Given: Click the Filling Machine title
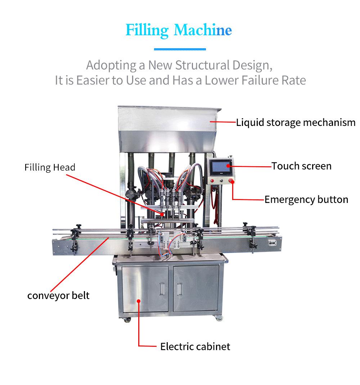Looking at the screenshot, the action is coord(179,30).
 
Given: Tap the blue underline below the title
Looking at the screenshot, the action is coord(180,49).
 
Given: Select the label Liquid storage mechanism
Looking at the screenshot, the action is coord(296,123).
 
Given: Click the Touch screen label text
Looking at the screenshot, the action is coord(301,166).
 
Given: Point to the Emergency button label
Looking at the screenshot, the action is coord(306,200).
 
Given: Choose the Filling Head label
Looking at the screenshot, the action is coord(50,167).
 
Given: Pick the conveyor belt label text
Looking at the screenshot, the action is coord(58,296).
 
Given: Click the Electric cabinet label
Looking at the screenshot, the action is coord(195,347).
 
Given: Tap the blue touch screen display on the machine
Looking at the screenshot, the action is coord(219,167).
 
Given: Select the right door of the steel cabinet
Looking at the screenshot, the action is coord(196,289).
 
